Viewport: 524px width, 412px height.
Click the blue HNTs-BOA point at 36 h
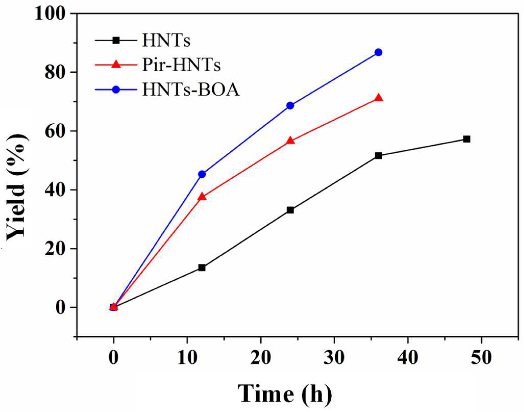378,52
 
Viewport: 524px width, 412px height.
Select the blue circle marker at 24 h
290,106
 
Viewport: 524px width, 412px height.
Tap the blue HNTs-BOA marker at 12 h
202,174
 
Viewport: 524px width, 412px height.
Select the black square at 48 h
467,139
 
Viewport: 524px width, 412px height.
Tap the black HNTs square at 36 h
378,156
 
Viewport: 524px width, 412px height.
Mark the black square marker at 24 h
290,210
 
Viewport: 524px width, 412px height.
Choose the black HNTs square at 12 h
202,268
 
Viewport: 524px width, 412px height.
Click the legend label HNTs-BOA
191,90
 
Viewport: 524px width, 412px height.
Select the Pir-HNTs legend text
181,65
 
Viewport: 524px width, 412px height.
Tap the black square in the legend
116,40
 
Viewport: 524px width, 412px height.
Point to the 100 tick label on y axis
50,14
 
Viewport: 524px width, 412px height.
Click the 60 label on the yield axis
56,131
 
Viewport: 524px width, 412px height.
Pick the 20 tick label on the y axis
56,249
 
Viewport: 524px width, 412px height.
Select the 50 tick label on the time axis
481,357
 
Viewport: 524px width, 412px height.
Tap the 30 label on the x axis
334,357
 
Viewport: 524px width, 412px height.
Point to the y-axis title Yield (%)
17,187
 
